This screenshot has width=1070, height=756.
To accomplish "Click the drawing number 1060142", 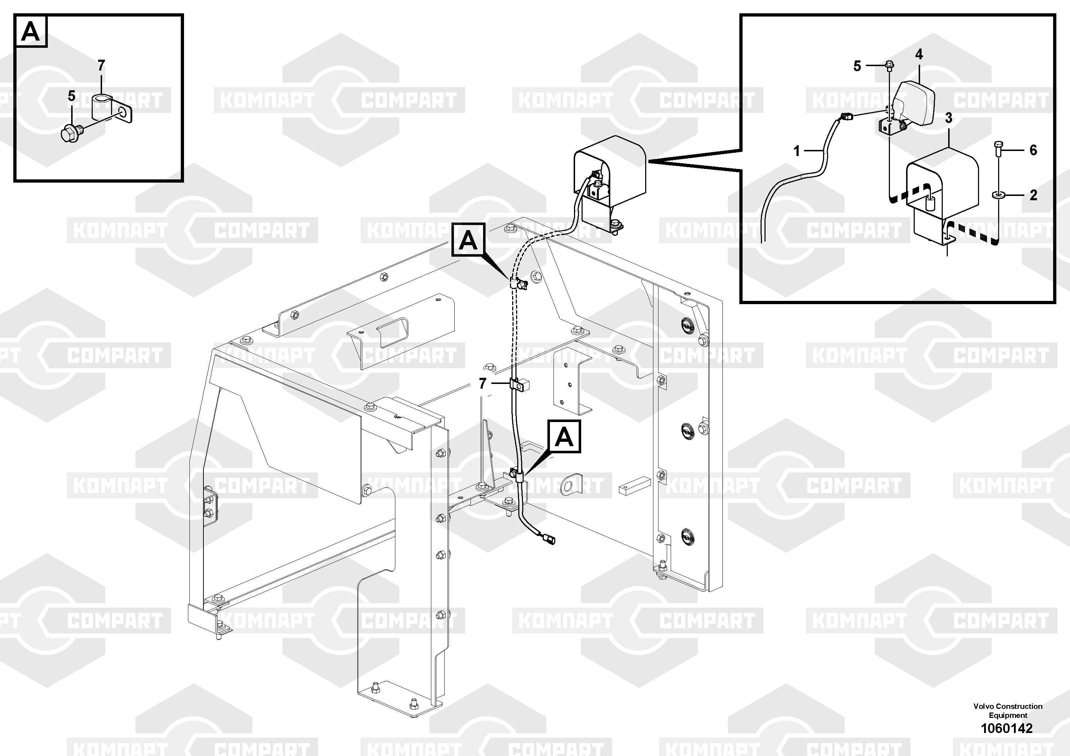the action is tap(1007, 728).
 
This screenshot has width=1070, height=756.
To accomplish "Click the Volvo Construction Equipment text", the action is tap(1007, 711).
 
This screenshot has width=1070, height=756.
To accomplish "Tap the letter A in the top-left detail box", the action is tap(31, 32).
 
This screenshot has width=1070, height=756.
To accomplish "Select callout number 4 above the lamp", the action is tap(919, 55).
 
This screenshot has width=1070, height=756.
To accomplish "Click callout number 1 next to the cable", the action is tap(797, 151).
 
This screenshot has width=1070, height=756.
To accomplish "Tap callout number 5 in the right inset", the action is tap(857, 66).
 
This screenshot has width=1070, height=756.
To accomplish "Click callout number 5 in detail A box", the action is tap(71, 96).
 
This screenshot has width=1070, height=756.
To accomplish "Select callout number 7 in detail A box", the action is tap(101, 65).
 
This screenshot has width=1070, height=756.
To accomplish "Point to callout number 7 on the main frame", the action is tap(482, 384).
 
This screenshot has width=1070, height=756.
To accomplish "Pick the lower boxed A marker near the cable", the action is tap(564, 436).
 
